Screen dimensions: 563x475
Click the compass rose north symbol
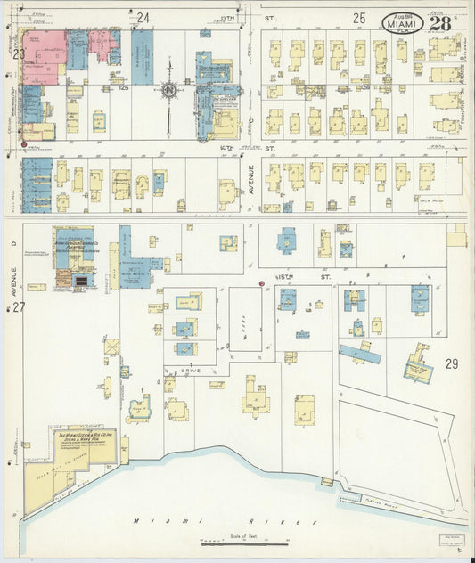click(x=168, y=89)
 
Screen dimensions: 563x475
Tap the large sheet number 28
click(x=438, y=22)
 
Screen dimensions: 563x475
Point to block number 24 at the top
click(x=143, y=17)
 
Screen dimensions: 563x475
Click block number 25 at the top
click(x=359, y=17)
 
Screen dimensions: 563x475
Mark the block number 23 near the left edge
click(x=18, y=53)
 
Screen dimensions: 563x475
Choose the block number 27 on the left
click(x=18, y=307)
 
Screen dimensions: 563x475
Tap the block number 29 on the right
click(x=451, y=363)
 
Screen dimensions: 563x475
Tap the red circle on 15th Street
click(x=261, y=284)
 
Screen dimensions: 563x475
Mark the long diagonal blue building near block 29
click(x=359, y=354)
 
